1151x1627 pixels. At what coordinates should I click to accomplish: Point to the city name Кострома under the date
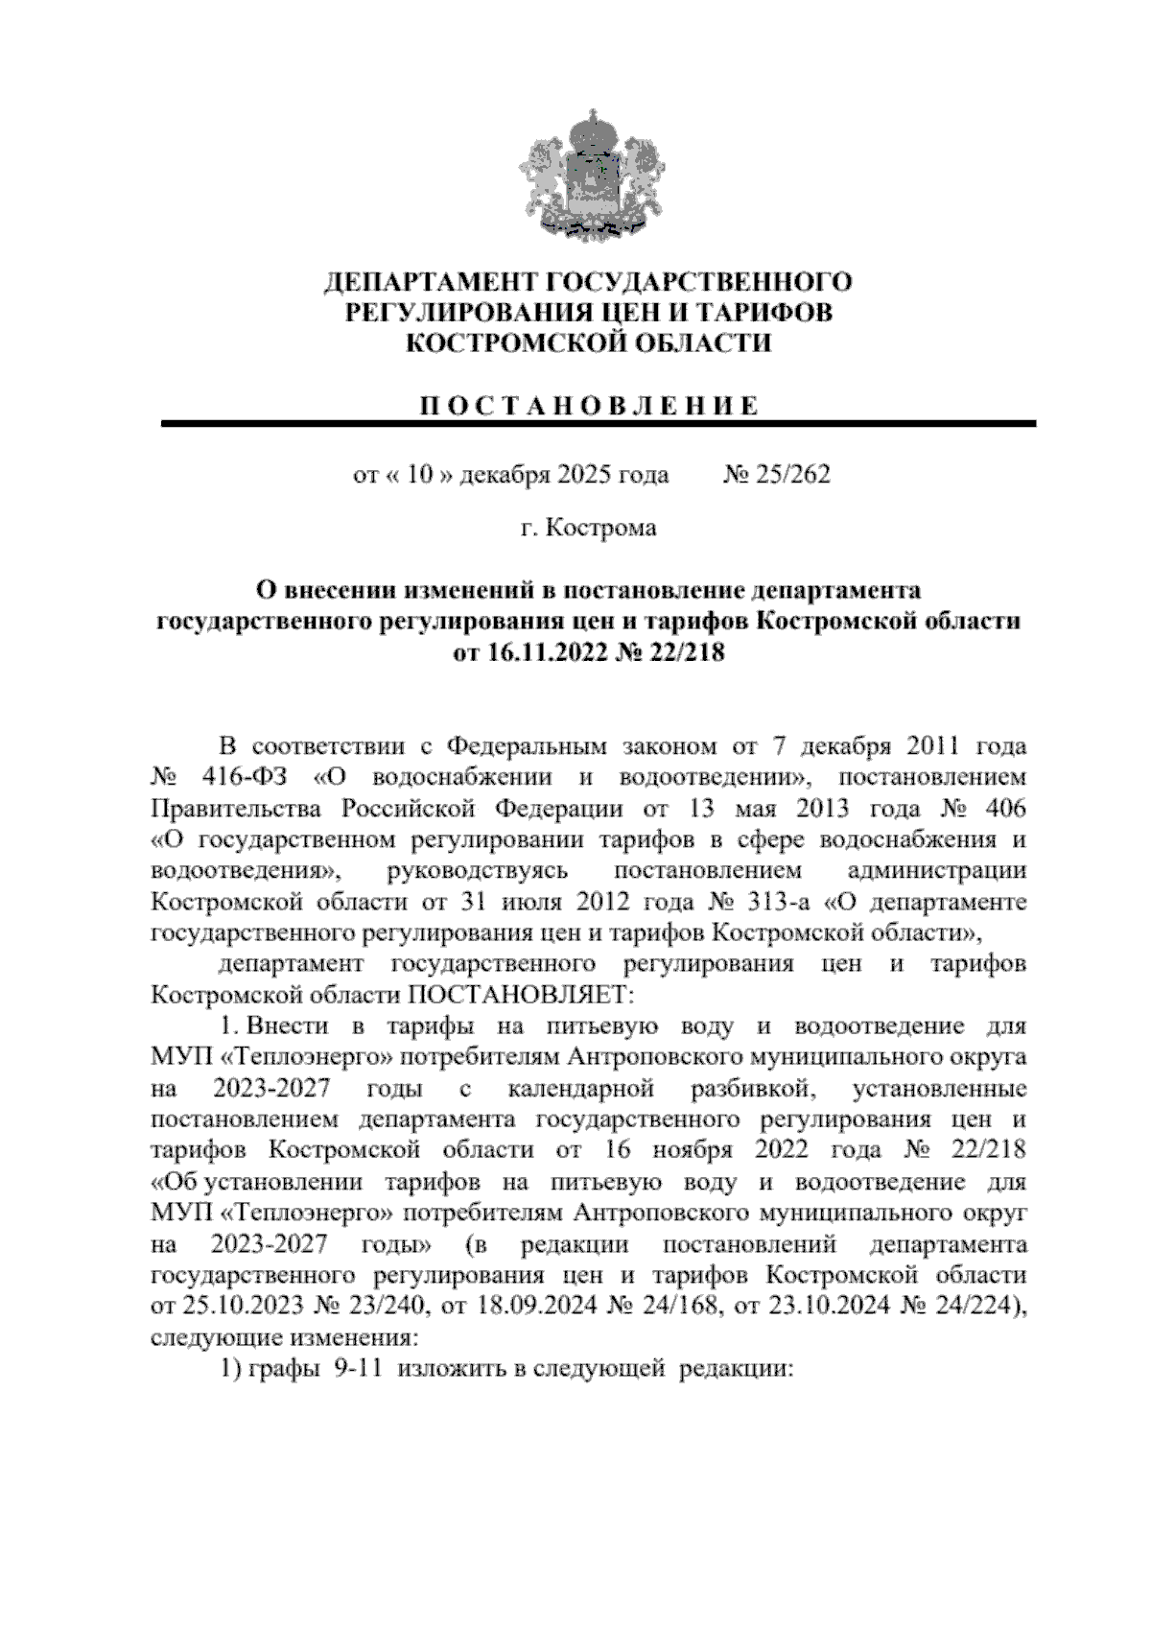coord(600,527)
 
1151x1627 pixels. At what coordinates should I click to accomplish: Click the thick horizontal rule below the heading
coord(599,423)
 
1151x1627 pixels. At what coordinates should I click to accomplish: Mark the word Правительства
coord(240,808)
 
